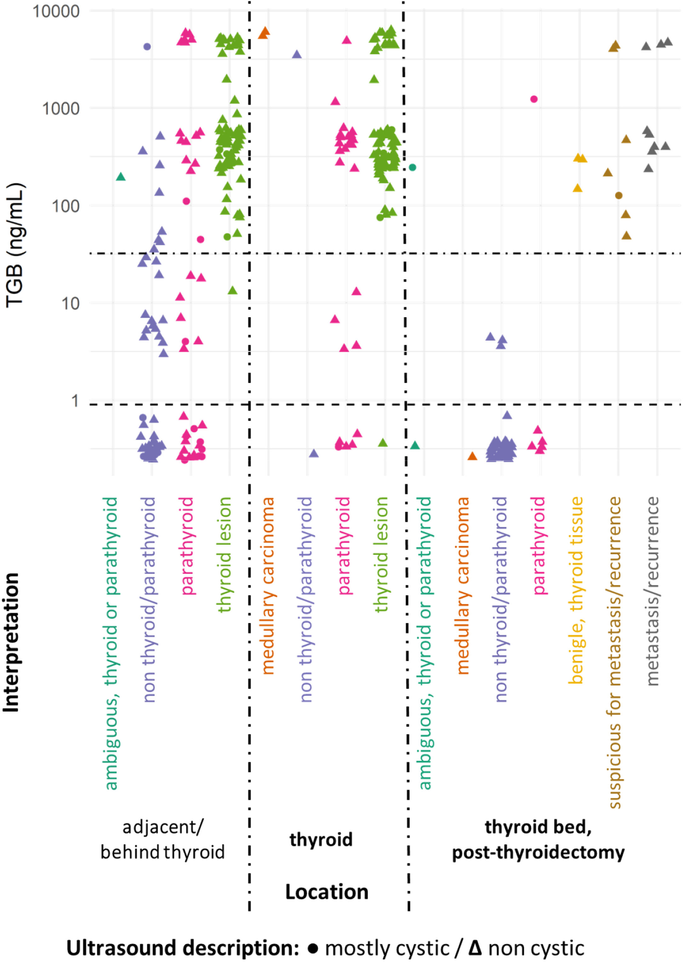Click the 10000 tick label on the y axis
(56, 11)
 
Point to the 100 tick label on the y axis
(65, 206)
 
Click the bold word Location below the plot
(327, 892)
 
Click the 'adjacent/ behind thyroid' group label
(163, 840)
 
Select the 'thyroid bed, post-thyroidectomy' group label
(538, 840)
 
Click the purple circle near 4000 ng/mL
(147, 47)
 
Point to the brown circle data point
(619, 195)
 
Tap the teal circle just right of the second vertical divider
(413, 167)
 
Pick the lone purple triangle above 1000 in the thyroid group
(297, 55)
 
